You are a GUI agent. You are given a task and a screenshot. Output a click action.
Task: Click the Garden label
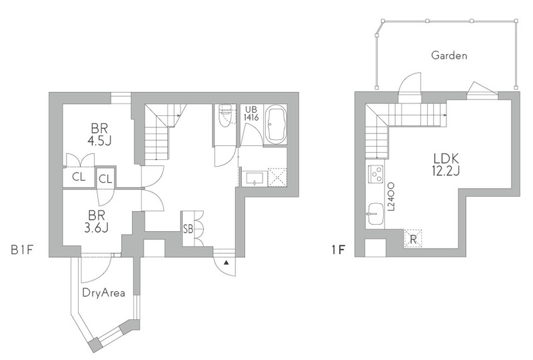click(449, 55)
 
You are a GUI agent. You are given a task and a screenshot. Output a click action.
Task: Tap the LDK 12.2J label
click(446, 165)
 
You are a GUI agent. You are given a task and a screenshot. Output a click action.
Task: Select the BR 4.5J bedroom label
click(99, 135)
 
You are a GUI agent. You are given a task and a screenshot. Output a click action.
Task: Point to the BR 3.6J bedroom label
click(96, 221)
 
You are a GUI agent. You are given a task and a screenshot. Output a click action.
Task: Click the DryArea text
click(104, 293)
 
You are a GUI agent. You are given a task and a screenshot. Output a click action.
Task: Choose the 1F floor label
click(338, 251)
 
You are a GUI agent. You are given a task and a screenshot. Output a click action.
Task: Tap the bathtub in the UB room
click(275, 125)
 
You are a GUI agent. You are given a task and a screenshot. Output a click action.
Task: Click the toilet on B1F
click(227, 116)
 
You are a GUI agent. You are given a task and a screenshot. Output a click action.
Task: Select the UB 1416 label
click(252, 113)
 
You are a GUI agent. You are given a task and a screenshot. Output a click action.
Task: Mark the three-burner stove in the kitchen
click(376, 174)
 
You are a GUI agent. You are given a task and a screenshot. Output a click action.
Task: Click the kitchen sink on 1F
click(375, 214)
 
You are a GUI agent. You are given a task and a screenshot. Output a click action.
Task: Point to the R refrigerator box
click(413, 239)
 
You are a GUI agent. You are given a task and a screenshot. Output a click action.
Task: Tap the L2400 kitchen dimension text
click(391, 197)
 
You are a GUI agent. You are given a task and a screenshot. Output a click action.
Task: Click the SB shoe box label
click(188, 229)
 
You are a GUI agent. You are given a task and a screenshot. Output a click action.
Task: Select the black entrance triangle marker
click(226, 263)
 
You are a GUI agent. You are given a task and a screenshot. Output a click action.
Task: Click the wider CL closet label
click(79, 177)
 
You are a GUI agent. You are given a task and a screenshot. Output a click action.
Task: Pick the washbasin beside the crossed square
click(255, 178)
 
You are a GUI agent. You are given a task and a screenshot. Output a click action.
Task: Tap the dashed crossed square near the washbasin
click(277, 177)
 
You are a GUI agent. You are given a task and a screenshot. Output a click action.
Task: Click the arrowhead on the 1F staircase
click(444, 115)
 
